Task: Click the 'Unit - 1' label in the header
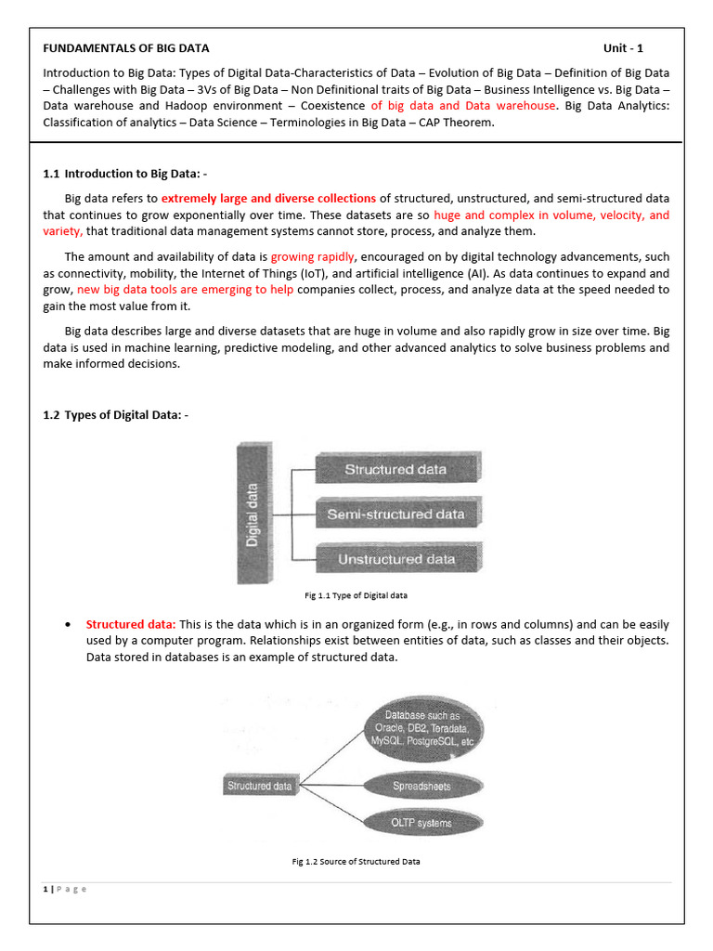click(x=623, y=48)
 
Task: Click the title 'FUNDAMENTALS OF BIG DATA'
click(x=126, y=48)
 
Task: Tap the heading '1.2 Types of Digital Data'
click(x=115, y=415)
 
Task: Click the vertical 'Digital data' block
click(x=253, y=513)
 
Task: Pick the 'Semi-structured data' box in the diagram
click(x=395, y=514)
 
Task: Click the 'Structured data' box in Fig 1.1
click(x=395, y=470)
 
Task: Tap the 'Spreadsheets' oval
click(x=422, y=786)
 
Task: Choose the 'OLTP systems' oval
click(x=422, y=823)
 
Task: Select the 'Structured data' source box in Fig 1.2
click(x=260, y=786)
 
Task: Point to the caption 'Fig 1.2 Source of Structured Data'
click(x=356, y=862)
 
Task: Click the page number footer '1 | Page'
click(x=64, y=890)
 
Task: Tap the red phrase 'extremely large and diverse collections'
click(x=268, y=199)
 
